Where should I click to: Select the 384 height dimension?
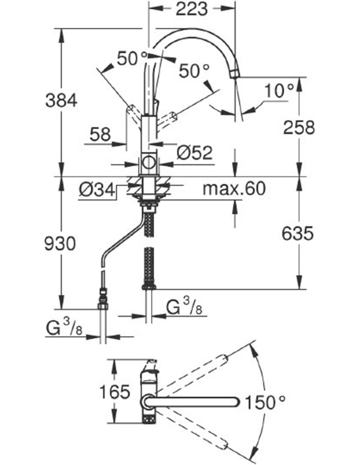coord(61,101)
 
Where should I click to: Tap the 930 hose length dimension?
coord(60,244)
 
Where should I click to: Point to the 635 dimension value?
coord(297,233)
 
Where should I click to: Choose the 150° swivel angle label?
coord(265,402)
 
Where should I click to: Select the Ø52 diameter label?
coord(194,153)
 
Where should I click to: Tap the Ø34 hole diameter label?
coord(97,190)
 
